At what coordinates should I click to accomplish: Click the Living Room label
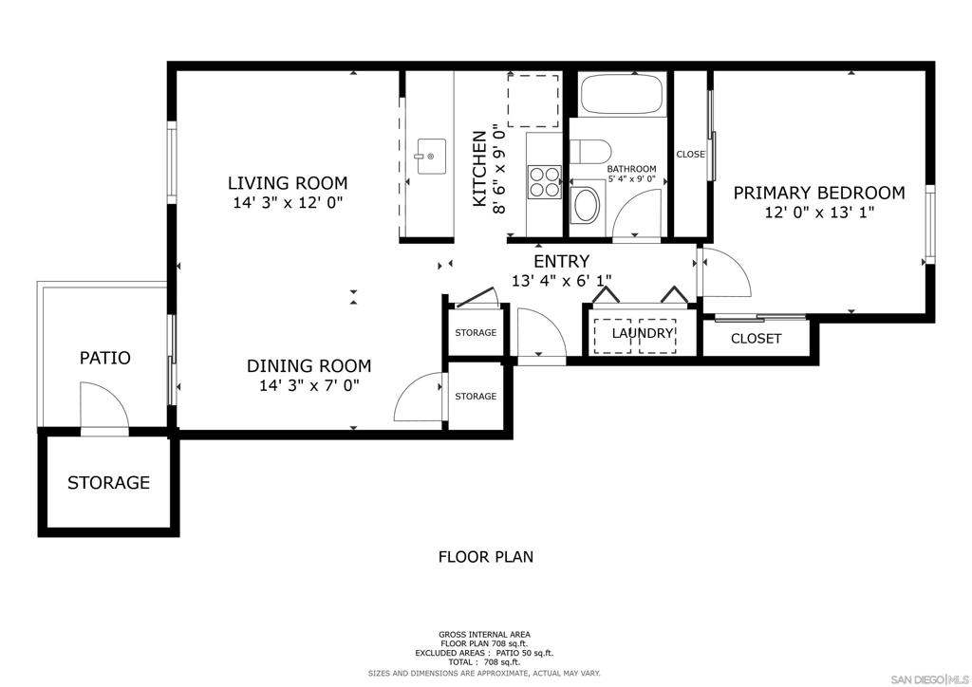click(288, 183)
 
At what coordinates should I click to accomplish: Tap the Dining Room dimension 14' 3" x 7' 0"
click(309, 386)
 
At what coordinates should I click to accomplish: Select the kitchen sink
click(431, 157)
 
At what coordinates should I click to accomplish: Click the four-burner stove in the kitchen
click(544, 182)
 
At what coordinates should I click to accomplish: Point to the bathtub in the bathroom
click(622, 94)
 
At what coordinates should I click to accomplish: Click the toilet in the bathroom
click(590, 151)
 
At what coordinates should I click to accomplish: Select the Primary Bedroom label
click(819, 194)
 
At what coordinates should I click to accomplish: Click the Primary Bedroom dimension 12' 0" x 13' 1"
click(819, 213)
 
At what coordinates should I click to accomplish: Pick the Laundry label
click(643, 333)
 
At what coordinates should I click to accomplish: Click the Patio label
click(104, 358)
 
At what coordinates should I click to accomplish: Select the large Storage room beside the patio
click(108, 483)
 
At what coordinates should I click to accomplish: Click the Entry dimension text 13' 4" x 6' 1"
click(561, 281)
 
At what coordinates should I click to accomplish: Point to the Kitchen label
click(479, 169)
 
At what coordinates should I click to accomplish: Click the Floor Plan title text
click(485, 557)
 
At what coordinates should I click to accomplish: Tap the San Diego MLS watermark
click(929, 679)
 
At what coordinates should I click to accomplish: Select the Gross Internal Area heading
click(484, 635)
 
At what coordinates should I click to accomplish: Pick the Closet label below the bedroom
click(756, 339)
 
